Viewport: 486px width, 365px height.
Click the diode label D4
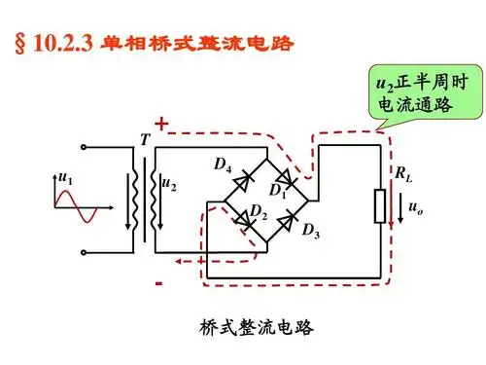tap(223, 167)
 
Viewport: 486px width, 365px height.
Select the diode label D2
tap(258, 212)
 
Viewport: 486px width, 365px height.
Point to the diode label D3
tap(311, 232)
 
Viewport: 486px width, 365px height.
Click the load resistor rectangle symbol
tap(381, 206)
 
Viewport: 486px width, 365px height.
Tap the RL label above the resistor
tap(401, 174)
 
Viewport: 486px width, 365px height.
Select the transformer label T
tap(145, 140)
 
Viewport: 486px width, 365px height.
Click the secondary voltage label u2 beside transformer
tap(170, 182)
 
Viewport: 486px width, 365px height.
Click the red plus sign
tap(161, 125)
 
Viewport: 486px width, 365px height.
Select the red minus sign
tap(158, 284)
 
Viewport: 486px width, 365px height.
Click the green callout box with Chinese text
tap(415, 92)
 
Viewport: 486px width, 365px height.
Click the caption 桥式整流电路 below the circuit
tap(242, 329)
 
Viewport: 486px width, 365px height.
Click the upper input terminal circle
tap(87, 148)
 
